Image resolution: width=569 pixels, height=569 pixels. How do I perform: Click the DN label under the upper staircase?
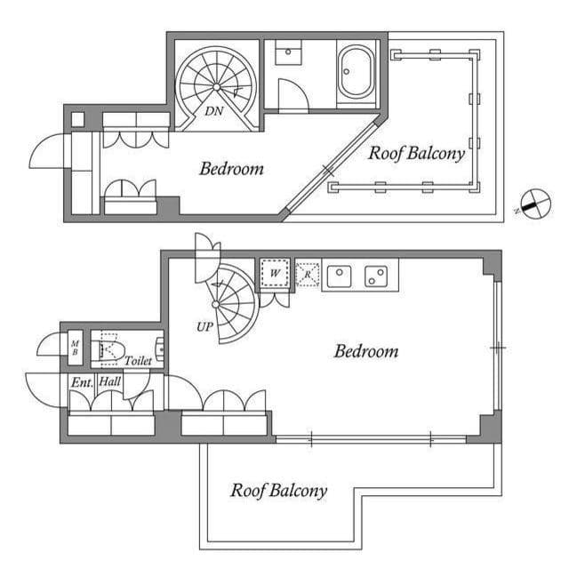pyautogui.click(x=213, y=111)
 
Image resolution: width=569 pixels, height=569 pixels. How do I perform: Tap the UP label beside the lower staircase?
pyautogui.click(x=204, y=326)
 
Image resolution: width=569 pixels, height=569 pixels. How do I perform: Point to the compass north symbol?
pyautogui.click(x=533, y=204)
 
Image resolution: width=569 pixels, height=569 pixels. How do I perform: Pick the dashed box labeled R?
pyautogui.click(x=307, y=274)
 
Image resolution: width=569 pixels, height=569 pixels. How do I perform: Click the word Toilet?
pyautogui.click(x=138, y=361)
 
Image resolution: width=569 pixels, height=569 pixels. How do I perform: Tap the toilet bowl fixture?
pyautogui.click(x=109, y=349)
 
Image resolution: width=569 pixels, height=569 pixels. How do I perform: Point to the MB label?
pyautogui.click(x=75, y=347)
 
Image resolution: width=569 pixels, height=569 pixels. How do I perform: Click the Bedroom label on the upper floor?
pyautogui.click(x=231, y=168)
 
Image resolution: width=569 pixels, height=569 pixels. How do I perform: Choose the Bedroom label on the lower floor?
pyautogui.click(x=365, y=351)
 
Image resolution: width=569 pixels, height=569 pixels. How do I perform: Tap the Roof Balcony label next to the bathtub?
pyautogui.click(x=417, y=153)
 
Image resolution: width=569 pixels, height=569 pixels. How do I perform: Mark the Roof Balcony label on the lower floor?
pyautogui.click(x=278, y=490)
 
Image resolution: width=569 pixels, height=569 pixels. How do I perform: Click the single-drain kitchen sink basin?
pyautogui.click(x=340, y=276)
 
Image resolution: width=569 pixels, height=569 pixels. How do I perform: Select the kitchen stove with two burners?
pyautogui.click(x=377, y=276)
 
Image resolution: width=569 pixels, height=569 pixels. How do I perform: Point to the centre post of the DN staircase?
pyautogui.click(x=216, y=85)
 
